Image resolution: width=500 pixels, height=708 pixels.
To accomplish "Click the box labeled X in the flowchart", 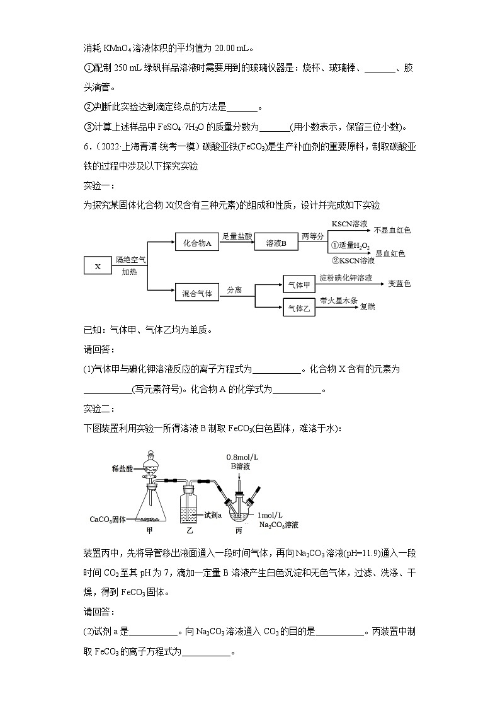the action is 98,267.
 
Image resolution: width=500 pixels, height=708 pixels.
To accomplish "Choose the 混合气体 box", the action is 197,293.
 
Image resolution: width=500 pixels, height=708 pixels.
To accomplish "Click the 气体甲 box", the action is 300,284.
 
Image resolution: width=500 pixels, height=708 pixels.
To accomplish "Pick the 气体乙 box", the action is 300,308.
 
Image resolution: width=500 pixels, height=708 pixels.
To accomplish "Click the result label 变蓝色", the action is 399,284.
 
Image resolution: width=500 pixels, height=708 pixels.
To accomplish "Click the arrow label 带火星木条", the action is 339,300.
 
